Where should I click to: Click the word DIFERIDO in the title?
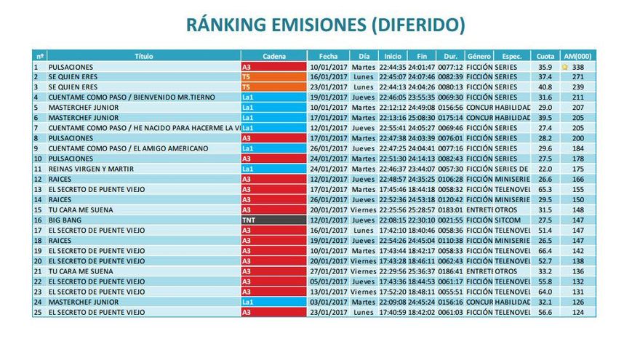pos(417,25)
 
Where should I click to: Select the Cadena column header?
pos(273,56)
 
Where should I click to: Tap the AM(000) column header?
pos(577,56)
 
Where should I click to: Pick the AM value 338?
pos(578,67)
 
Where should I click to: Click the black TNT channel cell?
pos(273,220)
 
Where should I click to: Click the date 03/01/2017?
pos(328,301)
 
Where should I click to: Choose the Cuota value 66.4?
pos(545,250)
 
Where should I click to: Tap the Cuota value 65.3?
pos(545,189)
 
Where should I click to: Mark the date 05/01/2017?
pos(328,281)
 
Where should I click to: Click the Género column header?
pos(479,56)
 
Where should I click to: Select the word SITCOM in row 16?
pos(508,220)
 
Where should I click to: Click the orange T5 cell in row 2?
pos(273,77)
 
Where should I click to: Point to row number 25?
pos(36,311)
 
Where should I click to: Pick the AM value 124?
pos(578,311)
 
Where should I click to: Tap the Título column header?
pos(144,56)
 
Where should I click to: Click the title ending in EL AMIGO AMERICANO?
pos(128,148)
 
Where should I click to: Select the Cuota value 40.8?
pos(545,87)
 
